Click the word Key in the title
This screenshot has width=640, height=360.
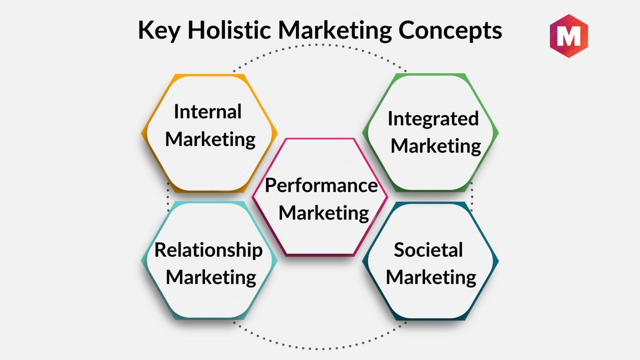159,30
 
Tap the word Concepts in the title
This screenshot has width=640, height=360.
450,31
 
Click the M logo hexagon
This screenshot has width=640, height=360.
569,36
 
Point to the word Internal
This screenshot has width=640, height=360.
208,111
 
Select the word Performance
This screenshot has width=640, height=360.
321,185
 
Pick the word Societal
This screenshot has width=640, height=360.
428,250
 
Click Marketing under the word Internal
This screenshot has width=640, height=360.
210,140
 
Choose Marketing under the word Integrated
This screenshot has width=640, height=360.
436,147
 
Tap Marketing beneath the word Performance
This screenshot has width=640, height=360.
324,214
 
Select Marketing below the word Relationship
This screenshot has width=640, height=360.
211,278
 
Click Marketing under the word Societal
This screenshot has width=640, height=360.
431,278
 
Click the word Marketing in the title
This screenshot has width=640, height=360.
335,31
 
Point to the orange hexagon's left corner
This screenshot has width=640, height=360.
142,133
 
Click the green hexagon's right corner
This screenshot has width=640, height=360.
499,132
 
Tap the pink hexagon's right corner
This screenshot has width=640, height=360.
388,197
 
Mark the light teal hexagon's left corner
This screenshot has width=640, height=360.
142,260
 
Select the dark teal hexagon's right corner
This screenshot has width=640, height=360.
499,260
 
